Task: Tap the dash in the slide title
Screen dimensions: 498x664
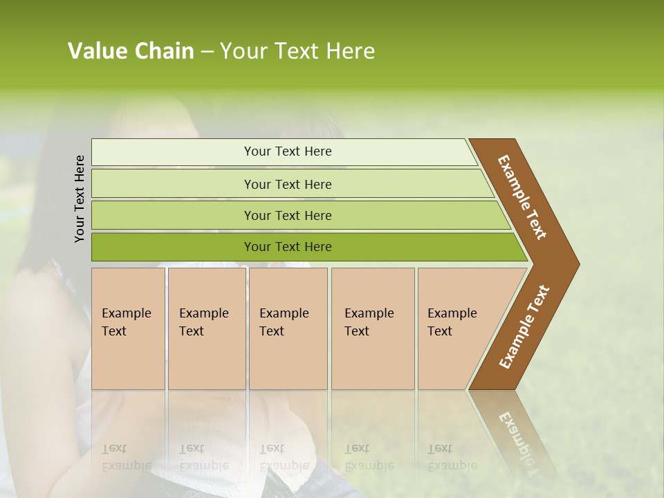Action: pyautogui.click(x=207, y=52)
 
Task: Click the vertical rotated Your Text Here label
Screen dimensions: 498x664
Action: pyautogui.click(x=80, y=199)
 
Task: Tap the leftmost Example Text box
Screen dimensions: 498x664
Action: pyautogui.click(x=128, y=329)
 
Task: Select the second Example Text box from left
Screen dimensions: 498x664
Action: pyautogui.click(x=207, y=329)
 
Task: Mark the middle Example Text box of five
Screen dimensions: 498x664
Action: pyautogui.click(x=288, y=329)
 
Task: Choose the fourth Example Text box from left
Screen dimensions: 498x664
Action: pyautogui.click(x=373, y=329)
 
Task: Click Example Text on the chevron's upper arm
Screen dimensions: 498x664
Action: pyautogui.click(x=522, y=197)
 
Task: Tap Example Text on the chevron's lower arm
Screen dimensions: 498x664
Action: pyautogui.click(x=524, y=327)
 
